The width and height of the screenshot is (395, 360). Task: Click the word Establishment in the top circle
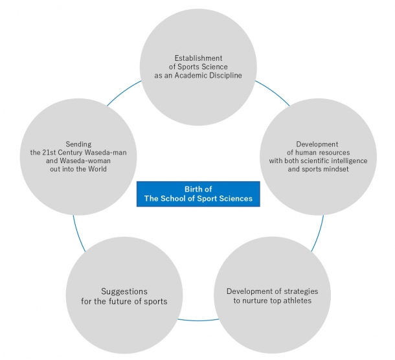click(x=199, y=58)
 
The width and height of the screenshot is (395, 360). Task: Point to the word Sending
click(x=78, y=144)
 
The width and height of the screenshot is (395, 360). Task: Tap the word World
click(x=97, y=169)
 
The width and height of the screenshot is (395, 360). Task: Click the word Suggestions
click(x=124, y=292)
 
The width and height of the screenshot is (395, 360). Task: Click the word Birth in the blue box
click(x=193, y=189)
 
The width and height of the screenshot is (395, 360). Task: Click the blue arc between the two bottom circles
click(x=198, y=321)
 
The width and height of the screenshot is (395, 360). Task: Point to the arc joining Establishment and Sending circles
click(x=123, y=91)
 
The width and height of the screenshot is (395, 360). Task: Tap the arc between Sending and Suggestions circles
click(x=78, y=234)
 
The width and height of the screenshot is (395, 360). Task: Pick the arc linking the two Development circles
click(x=319, y=234)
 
